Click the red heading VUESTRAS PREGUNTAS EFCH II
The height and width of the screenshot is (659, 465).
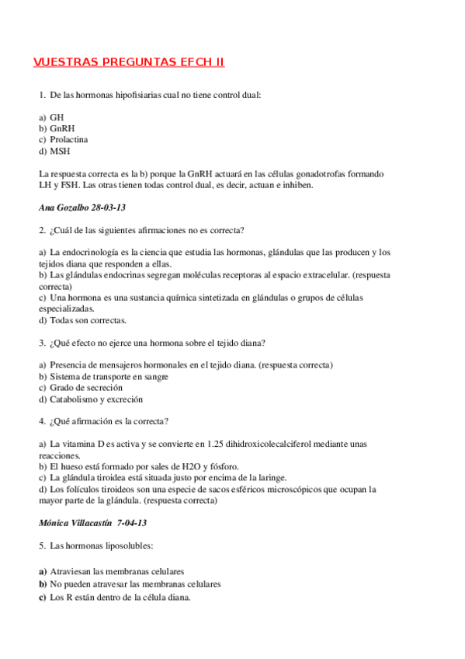pos(129,62)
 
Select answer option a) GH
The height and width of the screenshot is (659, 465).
pos(51,117)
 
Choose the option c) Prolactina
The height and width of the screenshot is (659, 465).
pos(63,139)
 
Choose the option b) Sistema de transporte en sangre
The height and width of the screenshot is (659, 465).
pos(103,376)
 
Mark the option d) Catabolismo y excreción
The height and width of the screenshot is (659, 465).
pos(91,399)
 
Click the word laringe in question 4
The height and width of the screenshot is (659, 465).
pos(272,477)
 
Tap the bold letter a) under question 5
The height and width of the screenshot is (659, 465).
pos(42,570)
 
